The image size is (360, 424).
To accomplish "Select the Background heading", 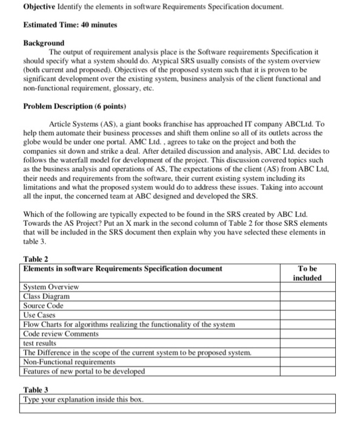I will [x=44, y=44].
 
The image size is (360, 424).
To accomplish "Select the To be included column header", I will [x=307, y=273].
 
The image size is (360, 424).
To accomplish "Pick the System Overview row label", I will [x=51, y=287].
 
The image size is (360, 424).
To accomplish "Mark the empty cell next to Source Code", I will [x=308, y=306].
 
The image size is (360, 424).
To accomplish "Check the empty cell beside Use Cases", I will [x=308, y=315].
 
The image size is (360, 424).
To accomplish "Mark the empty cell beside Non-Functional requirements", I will [x=308, y=362].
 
